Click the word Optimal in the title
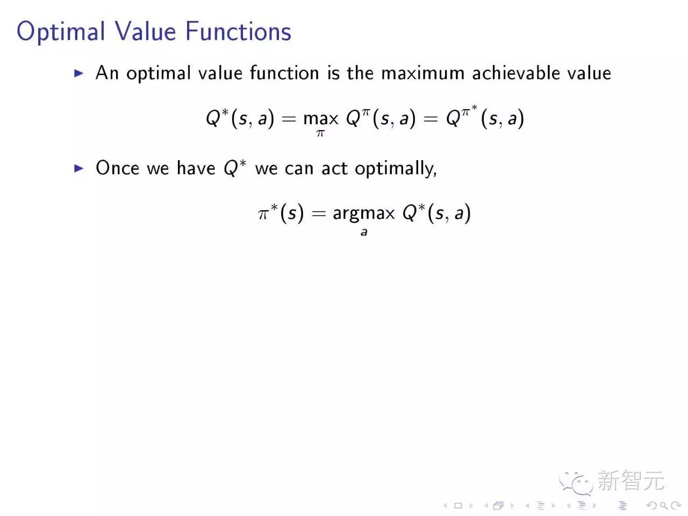(x=60, y=32)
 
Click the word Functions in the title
(x=238, y=31)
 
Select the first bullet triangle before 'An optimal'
(x=79, y=73)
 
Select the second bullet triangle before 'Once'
(x=79, y=168)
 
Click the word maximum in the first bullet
(x=422, y=73)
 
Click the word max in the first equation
(x=321, y=118)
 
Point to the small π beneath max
(x=320, y=133)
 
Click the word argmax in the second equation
(x=363, y=213)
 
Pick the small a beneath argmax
(x=364, y=232)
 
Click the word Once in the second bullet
(x=117, y=168)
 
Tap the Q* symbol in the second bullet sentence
(x=234, y=168)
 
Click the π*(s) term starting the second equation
(x=281, y=213)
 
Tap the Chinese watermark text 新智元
(x=630, y=481)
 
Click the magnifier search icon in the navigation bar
(x=663, y=505)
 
